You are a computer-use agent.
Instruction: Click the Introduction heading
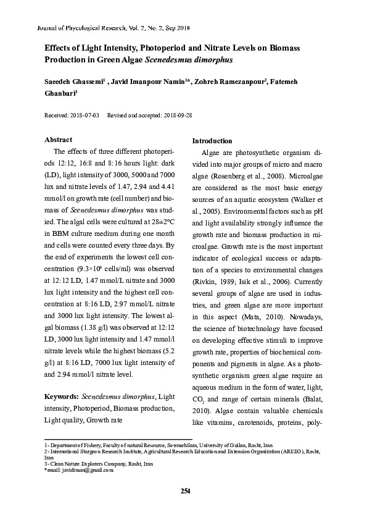[x=213, y=141]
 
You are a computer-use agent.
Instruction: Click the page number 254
[x=184, y=491]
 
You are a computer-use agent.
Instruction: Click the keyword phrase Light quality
[x=64, y=419]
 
